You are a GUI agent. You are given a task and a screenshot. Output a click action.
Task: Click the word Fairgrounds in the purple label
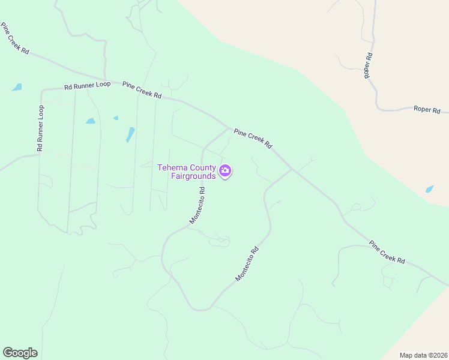tap(193, 176)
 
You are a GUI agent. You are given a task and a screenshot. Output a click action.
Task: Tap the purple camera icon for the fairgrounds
tap(225, 172)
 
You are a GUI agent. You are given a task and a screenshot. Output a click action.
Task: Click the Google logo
tap(20, 353)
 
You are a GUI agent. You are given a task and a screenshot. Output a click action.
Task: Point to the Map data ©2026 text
tap(424, 355)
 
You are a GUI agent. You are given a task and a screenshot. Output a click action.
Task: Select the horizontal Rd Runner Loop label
tap(88, 86)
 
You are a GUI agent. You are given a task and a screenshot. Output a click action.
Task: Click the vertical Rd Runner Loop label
tap(40, 128)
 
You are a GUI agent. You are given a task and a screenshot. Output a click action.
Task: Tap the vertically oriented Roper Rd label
tap(369, 65)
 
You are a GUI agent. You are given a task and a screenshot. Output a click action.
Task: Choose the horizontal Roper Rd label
tap(427, 110)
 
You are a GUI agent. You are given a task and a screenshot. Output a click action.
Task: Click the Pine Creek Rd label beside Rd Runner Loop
tap(142, 91)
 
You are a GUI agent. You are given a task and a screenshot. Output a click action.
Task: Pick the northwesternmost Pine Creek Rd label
tap(15, 39)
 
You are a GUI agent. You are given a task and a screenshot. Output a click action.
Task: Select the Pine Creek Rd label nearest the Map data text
tap(387, 253)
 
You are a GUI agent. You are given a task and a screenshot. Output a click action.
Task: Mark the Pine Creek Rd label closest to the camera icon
tap(253, 139)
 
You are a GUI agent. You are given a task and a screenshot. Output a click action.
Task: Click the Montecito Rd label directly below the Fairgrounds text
tap(197, 205)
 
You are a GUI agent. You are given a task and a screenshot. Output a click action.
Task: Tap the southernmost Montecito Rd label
tap(247, 265)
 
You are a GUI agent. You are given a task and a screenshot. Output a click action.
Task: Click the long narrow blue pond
tap(130, 134)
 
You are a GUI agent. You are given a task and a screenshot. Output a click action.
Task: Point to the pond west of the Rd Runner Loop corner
tap(17, 87)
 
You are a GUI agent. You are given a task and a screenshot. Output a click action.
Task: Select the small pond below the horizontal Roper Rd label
tap(430, 189)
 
